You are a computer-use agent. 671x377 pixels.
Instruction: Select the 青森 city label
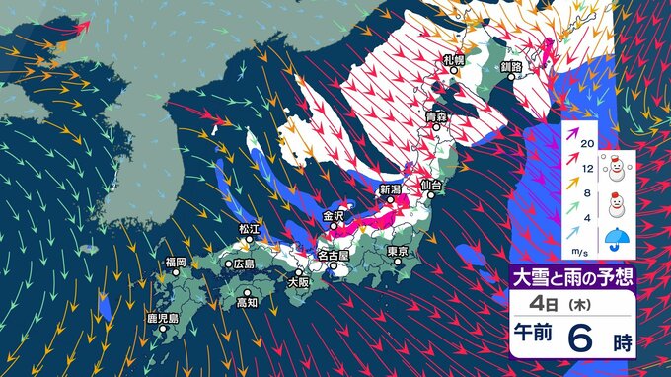[x=437, y=117]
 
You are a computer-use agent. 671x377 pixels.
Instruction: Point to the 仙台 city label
[x=431, y=185]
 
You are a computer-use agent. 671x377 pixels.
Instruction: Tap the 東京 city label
[x=399, y=251]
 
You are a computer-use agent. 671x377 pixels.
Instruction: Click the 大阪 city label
[x=298, y=282]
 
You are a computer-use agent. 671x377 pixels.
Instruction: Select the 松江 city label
[x=248, y=229]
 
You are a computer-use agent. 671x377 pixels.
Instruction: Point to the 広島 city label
[x=243, y=264]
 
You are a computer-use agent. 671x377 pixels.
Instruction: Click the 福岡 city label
[x=176, y=262]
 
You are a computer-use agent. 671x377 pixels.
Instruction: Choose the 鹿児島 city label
[x=162, y=319]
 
